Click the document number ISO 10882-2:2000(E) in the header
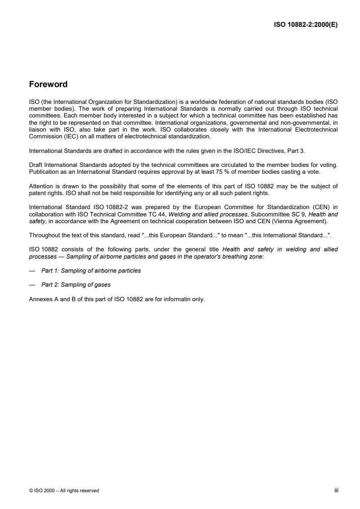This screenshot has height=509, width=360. (305, 25)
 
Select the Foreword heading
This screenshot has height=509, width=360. (48, 84)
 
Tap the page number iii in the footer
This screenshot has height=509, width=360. (337, 490)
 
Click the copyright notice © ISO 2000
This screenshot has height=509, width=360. (46, 490)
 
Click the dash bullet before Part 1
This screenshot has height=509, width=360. (32, 271)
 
